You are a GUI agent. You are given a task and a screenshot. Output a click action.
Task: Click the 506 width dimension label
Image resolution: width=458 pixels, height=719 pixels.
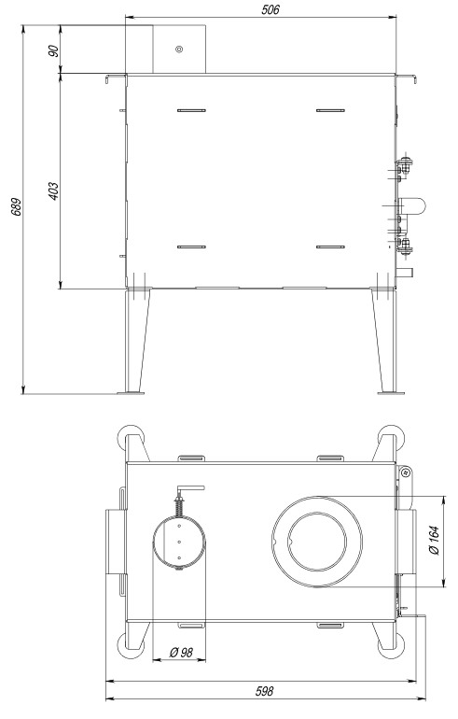[x=271, y=9]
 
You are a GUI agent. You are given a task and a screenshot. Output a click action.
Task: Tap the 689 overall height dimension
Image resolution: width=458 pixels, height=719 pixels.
[x=16, y=206]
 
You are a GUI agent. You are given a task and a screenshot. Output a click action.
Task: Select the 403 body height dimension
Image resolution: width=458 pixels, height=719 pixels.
[x=53, y=191]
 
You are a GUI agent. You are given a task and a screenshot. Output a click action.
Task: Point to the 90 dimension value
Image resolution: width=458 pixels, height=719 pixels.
[x=53, y=50]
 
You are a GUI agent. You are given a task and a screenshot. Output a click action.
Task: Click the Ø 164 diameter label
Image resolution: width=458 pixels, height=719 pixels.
[x=435, y=540]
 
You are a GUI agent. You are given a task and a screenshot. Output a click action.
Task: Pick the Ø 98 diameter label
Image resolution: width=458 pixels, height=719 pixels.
[x=181, y=652]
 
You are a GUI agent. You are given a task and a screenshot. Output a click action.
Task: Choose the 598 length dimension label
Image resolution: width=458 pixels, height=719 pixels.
[x=264, y=691]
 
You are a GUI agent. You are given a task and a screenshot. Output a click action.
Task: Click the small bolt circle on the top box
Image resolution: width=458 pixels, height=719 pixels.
[x=179, y=49]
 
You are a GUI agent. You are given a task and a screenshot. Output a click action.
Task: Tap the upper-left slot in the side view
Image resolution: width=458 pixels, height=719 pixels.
[x=191, y=110]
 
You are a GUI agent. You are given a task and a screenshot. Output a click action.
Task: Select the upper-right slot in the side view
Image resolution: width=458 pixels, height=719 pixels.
[x=331, y=110]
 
